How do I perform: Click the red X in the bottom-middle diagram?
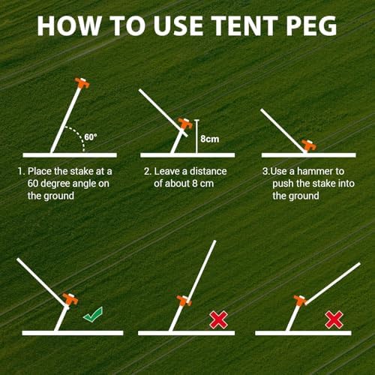pyautogui.click(x=218, y=320)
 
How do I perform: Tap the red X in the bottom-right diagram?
pyautogui.click(x=334, y=320)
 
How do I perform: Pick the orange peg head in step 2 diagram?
pyautogui.click(x=184, y=123)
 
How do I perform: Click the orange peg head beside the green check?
pyautogui.click(x=70, y=299)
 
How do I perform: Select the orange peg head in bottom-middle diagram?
pyautogui.click(x=182, y=303)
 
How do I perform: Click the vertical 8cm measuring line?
pyautogui.click(x=195, y=135)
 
